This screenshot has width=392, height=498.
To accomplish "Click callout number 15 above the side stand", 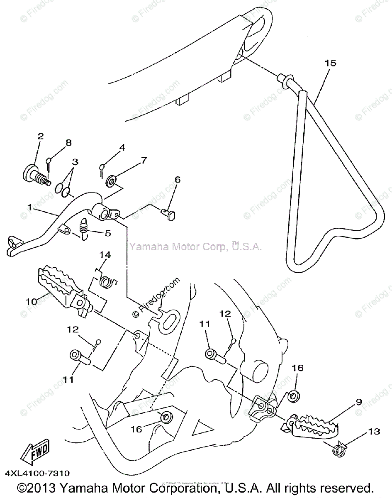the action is coord(331,63).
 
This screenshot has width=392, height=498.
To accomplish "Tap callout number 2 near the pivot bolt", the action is coord(40,136).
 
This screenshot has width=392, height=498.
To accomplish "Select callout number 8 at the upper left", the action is coord(68,142).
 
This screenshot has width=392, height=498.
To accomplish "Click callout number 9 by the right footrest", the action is coord(358,402).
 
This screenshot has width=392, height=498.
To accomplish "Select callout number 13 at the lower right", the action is coord(374,432).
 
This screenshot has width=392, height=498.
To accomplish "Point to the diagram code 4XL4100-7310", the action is coord(38,473).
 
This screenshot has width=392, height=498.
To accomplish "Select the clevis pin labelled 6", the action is coord(168,214).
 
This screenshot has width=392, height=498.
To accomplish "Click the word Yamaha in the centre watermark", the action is coord(145,247).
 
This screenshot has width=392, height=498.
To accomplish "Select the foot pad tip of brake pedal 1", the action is coord(13,245).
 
